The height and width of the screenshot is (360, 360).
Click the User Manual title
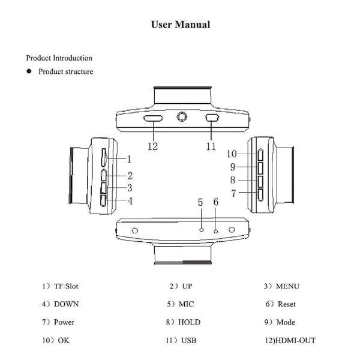181,25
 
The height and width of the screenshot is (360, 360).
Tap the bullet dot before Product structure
29,71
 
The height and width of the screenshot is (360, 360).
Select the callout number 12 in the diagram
152,146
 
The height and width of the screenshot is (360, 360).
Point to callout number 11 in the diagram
211,146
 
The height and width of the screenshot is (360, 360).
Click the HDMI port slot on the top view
153,118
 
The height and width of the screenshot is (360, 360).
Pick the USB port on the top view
212,118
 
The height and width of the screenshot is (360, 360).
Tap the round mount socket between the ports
182,116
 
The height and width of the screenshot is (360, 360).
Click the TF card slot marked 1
104,157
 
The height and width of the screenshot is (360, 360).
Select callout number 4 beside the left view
130,201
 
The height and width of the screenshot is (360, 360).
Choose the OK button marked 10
260,155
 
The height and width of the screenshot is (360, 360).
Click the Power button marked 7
260,195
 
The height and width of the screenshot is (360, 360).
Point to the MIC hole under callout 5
202,230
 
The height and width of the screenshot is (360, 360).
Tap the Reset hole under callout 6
215,232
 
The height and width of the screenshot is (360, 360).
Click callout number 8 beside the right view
233,180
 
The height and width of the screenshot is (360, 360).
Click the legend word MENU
287,286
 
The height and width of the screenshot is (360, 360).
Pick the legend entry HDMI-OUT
295,340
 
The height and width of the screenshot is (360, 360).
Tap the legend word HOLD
189,322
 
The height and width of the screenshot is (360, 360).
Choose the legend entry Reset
287,304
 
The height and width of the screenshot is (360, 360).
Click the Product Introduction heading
59,58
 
